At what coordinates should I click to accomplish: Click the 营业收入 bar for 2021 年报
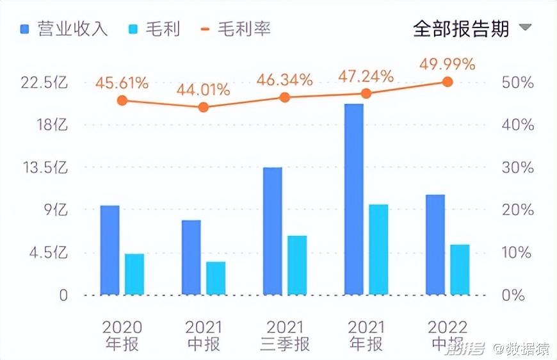[x=354, y=199]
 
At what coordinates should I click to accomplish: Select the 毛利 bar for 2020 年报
[x=134, y=274]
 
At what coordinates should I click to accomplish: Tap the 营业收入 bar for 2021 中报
[x=191, y=258]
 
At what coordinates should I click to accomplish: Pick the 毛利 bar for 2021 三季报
[x=297, y=265]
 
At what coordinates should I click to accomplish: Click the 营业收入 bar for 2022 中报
[x=435, y=245]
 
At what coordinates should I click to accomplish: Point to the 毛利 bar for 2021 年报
[x=378, y=250]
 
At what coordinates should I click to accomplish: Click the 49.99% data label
[x=448, y=64]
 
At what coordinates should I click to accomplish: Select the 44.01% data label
[x=203, y=90]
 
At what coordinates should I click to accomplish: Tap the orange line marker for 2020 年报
[x=122, y=101]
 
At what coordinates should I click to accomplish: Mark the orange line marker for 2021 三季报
[x=285, y=97]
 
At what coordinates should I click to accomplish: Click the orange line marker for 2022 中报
[x=448, y=82]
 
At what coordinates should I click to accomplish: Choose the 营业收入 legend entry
[x=63, y=29]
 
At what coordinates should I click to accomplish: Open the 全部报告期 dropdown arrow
[x=525, y=28]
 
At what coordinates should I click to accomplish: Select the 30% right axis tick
[x=517, y=168]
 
